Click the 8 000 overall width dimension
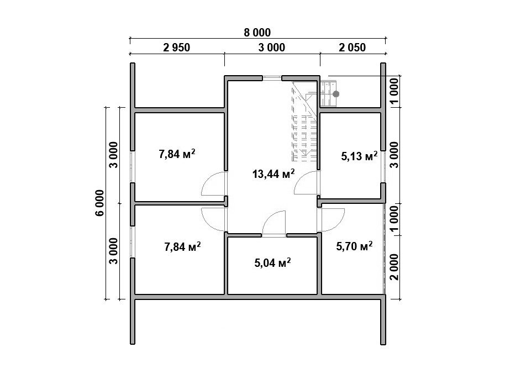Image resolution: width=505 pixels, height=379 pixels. (257, 33)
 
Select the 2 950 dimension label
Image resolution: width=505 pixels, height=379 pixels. (176, 48)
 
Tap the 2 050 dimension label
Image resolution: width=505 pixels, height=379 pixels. (352, 48)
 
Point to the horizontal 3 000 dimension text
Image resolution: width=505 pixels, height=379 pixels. (271, 48)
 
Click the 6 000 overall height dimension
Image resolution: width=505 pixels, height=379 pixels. (99, 203)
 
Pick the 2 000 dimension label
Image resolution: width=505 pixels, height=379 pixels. (394, 267)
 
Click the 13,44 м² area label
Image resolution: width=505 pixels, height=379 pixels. (273, 174)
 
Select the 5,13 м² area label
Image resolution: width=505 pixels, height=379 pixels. (359, 156)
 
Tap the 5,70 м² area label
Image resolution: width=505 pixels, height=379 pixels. (354, 246)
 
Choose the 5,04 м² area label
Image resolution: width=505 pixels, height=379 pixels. (273, 263)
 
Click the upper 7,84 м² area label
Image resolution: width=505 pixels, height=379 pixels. (177, 154)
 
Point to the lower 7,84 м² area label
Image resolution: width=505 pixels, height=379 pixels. (183, 247)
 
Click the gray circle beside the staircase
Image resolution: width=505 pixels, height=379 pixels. (336, 94)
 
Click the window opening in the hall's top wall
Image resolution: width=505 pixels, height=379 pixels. (272, 77)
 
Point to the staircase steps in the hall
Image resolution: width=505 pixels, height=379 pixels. (304, 122)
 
